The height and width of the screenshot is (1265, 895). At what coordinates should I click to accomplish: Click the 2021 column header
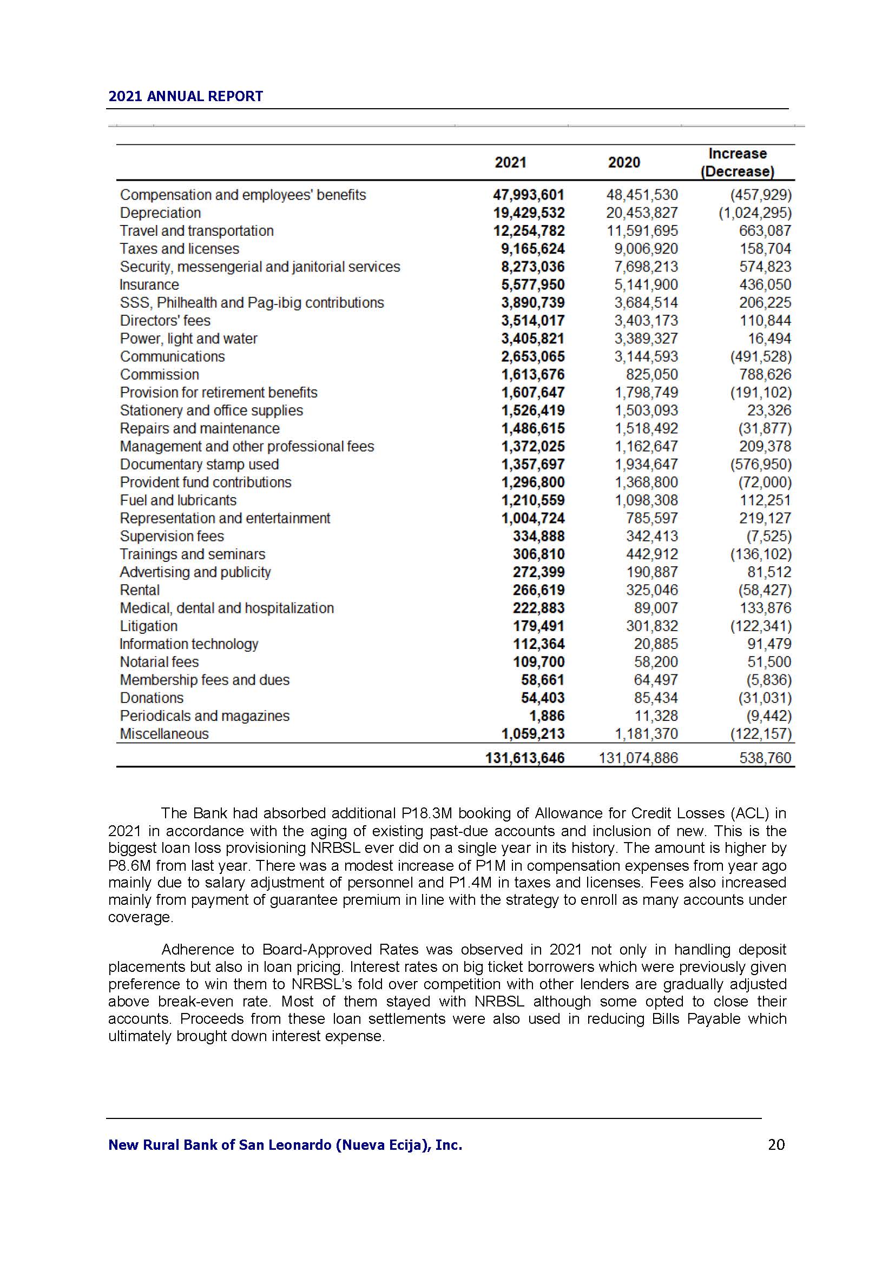(x=510, y=163)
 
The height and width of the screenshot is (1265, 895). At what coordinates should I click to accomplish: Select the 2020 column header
(x=624, y=163)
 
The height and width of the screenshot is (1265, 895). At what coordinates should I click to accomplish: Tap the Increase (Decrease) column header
(x=738, y=163)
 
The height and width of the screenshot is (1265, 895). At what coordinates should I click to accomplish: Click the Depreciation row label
(x=160, y=213)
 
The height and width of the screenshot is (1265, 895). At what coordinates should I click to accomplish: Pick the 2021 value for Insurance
(x=533, y=285)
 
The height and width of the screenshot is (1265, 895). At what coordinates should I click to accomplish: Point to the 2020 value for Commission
(x=652, y=375)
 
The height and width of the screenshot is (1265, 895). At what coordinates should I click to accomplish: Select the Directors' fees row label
(x=166, y=321)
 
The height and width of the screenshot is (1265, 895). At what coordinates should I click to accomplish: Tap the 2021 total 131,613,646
(x=525, y=758)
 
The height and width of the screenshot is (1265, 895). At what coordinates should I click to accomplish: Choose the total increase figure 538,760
(x=765, y=758)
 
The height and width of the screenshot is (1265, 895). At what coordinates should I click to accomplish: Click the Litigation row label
(x=149, y=626)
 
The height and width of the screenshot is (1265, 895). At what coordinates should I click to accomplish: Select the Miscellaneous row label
(x=164, y=734)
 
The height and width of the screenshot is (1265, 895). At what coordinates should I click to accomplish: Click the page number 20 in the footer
(x=776, y=1145)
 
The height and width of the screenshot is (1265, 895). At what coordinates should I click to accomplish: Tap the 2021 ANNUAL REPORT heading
(x=186, y=96)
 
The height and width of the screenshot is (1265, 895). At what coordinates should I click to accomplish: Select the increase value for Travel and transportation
(x=765, y=231)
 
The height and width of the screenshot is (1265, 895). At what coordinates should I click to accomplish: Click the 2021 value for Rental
(x=538, y=591)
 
